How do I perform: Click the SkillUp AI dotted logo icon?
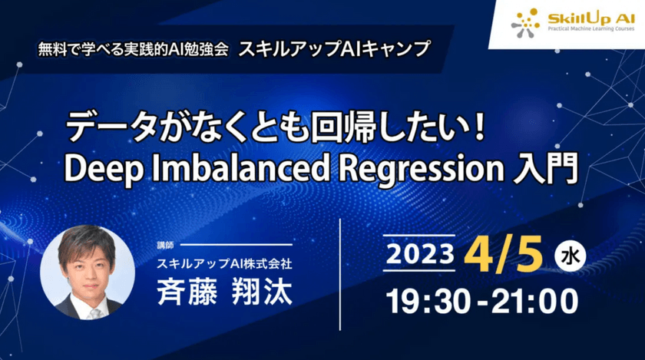pyautogui.click(x=526, y=22)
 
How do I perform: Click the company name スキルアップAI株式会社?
pyautogui.click(x=227, y=263)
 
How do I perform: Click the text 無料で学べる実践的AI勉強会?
pyautogui.click(x=132, y=48)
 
